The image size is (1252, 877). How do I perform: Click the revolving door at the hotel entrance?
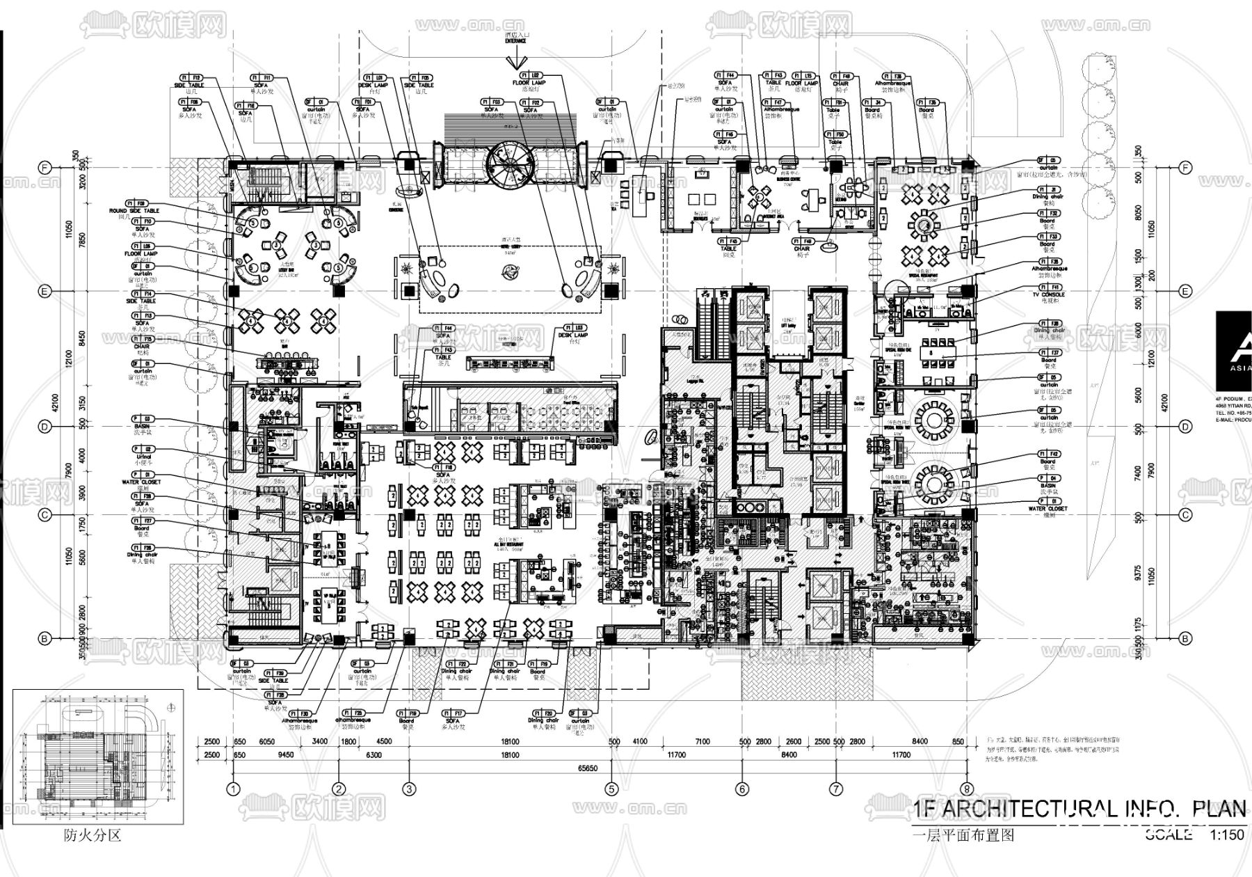pyautogui.click(x=508, y=164)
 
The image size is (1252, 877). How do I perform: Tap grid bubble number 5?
pyautogui.click(x=611, y=789)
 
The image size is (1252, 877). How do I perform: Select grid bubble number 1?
pyautogui.click(x=233, y=789)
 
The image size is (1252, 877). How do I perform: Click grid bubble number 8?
pyautogui.click(x=965, y=789)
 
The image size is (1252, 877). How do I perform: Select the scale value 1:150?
pyautogui.click(x=1226, y=835)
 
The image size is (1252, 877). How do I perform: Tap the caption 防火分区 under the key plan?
pyautogui.click(x=93, y=835)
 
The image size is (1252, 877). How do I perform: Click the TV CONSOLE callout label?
pyautogui.click(x=1048, y=295)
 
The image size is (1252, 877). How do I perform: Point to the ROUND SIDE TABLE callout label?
pyautogui.click(x=134, y=210)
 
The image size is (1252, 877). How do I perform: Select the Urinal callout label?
pyautogui.click(x=143, y=457)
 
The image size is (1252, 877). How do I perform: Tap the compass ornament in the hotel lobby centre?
pyautogui.click(x=510, y=275)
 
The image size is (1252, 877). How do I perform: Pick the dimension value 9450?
pyautogui.click(x=286, y=755)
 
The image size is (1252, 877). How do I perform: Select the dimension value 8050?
pyautogui.click(x=1138, y=211)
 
